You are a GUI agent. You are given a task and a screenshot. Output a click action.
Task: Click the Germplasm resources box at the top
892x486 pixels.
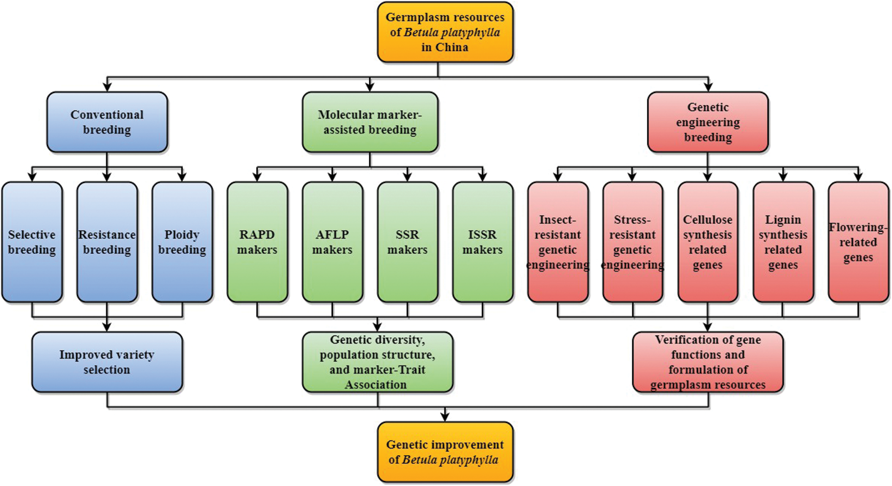pyautogui.click(x=445, y=32)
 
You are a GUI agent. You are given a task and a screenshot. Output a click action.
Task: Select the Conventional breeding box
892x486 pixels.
pyautogui.click(x=107, y=122)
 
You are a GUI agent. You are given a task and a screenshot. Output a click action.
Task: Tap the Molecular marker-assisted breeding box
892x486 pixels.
pyautogui.click(x=370, y=122)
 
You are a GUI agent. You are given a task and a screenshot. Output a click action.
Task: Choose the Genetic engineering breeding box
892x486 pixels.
pyautogui.click(x=708, y=122)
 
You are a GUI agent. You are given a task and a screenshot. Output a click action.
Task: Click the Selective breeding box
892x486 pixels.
pyautogui.click(x=32, y=242)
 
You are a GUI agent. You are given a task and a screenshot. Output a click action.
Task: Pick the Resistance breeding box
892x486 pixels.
pyautogui.click(x=107, y=242)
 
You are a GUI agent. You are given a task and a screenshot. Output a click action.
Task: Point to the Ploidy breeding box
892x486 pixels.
pyautogui.click(x=182, y=242)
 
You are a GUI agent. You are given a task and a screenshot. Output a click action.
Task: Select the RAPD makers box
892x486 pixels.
pyautogui.click(x=257, y=242)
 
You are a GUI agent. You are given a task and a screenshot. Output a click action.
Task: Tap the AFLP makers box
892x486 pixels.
pyautogui.click(x=332, y=242)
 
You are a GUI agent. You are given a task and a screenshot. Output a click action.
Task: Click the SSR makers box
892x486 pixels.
pyautogui.click(x=407, y=242)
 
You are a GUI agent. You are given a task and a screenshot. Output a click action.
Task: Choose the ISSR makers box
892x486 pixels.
pyautogui.click(x=483, y=242)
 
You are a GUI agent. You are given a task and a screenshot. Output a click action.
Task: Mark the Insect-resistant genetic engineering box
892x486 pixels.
pyautogui.click(x=558, y=242)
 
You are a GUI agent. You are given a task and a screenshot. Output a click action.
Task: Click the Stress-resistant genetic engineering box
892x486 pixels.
pyautogui.click(x=633, y=242)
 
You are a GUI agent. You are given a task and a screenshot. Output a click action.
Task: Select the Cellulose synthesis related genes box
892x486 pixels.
pyautogui.click(x=708, y=242)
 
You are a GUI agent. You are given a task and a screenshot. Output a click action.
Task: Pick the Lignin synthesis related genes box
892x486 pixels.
pyautogui.click(x=783, y=242)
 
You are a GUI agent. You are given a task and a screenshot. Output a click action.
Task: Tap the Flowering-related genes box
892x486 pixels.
pyautogui.click(x=858, y=242)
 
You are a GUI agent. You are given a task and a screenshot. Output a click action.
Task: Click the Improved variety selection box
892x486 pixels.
pyautogui.click(x=107, y=362)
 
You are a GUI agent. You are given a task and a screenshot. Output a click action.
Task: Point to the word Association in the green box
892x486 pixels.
pyautogui.click(x=376, y=385)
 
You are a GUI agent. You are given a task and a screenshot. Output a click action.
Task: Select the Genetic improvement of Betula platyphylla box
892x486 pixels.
pyautogui.click(x=445, y=452)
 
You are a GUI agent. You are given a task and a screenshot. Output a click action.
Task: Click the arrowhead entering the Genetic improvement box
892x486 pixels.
pyautogui.click(x=445, y=417)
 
